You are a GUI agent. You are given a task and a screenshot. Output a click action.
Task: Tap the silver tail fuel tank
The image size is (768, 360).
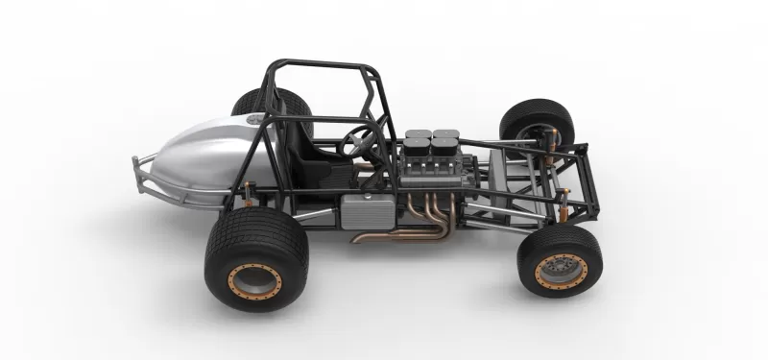coord(206,154)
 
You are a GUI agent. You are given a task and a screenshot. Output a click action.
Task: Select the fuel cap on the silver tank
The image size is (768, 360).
coord(254,119)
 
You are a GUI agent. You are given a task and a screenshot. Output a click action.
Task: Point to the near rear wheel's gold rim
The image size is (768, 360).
coord(255,279)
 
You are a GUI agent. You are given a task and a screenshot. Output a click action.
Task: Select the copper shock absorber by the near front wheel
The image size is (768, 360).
coord(564,206)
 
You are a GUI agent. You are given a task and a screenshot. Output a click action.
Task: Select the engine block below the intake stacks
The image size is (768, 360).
coord(432,178)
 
